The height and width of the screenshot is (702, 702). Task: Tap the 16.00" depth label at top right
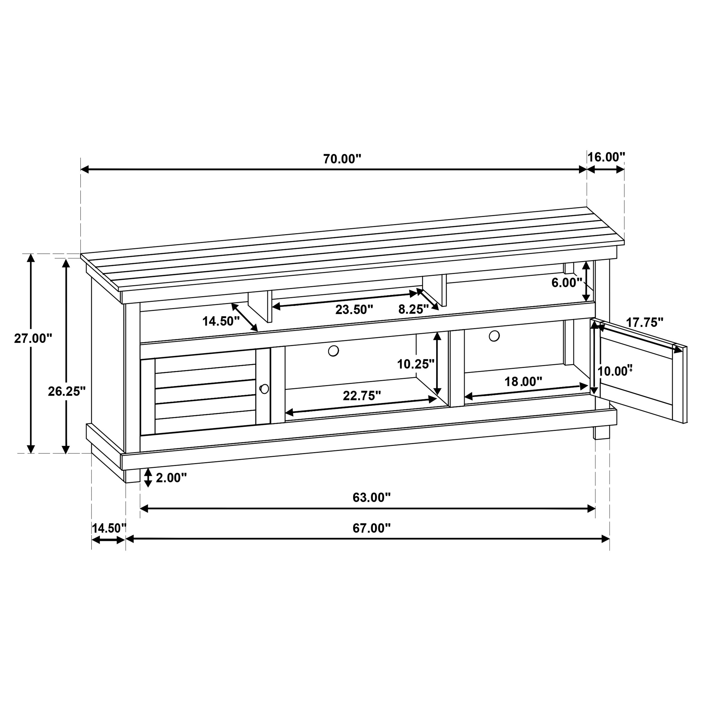tap(606, 157)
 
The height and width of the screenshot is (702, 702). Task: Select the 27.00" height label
tap(33, 338)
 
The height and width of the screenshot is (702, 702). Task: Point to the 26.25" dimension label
tap(67, 391)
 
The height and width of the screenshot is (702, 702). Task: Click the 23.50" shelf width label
tap(354, 309)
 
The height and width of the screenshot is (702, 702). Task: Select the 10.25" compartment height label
tap(415, 364)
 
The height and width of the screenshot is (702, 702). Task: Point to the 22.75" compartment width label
tap(362, 396)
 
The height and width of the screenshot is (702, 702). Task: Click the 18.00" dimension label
tap(523, 382)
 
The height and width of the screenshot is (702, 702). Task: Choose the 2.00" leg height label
tap(171, 478)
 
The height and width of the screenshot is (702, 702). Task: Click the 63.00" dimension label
tap(371, 497)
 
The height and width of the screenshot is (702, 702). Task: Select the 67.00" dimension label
tap(371, 528)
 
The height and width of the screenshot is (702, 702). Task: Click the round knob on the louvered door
tap(265, 389)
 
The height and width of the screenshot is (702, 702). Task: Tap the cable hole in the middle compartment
tap(333, 351)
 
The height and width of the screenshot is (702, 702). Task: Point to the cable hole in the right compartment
tap(494, 336)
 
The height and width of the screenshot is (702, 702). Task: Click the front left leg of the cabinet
tap(132, 476)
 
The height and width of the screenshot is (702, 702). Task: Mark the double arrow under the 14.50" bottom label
tap(108, 540)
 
